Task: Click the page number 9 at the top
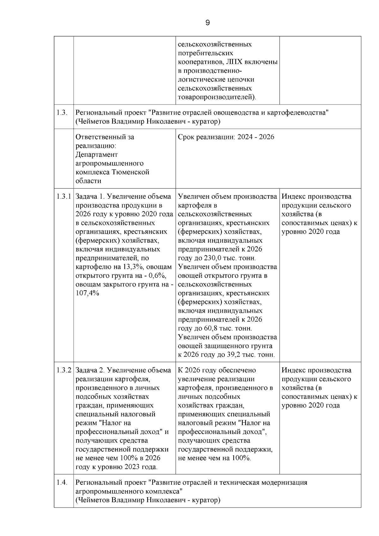tap(208, 23)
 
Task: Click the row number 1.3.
tap(62, 112)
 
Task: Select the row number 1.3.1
tap(64, 196)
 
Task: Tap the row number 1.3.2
tap(64, 370)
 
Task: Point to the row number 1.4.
tap(62, 483)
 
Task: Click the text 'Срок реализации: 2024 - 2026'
tap(226, 137)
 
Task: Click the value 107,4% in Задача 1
tap(87, 293)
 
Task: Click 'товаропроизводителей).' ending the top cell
tap(217, 97)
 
